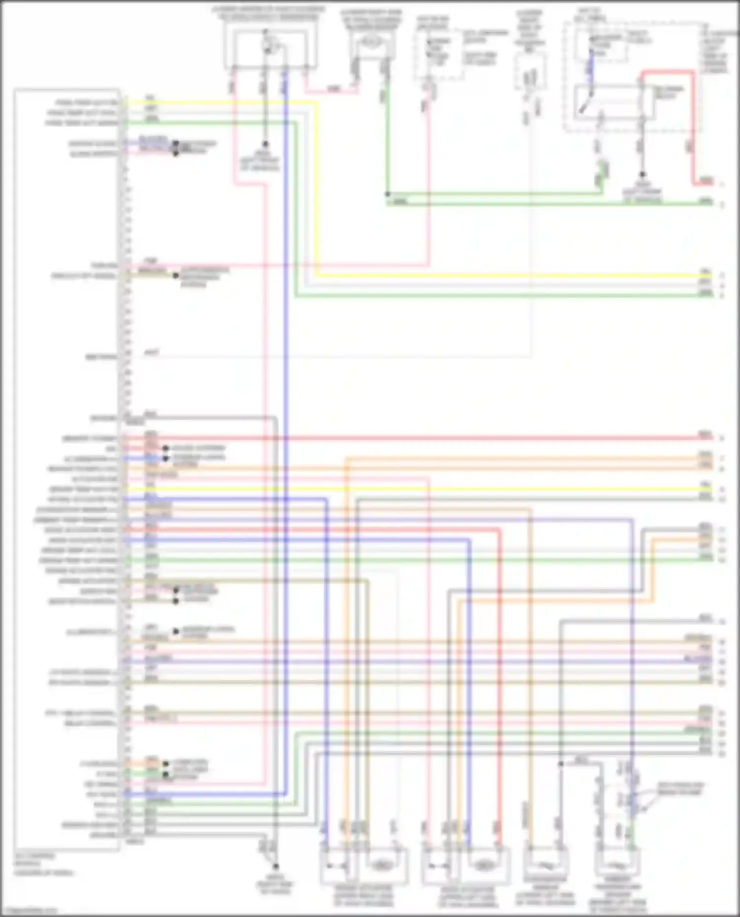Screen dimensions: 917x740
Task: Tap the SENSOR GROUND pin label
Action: point(89,824)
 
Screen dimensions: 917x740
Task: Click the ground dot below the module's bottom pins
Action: point(276,866)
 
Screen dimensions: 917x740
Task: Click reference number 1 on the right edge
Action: point(722,184)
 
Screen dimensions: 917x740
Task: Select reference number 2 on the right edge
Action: point(722,204)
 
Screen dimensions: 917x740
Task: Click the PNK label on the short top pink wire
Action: point(334,89)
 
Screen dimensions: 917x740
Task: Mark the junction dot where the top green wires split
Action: point(388,194)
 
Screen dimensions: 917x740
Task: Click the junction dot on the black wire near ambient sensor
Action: point(561,764)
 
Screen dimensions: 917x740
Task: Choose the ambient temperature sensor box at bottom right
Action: point(619,864)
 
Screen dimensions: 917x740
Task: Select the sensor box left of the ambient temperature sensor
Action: point(545,864)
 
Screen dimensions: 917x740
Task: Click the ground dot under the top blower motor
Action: point(265,144)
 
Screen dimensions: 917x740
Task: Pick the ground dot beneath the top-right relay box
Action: point(642,175)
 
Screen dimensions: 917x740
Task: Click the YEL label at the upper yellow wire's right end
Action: point(705,272)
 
